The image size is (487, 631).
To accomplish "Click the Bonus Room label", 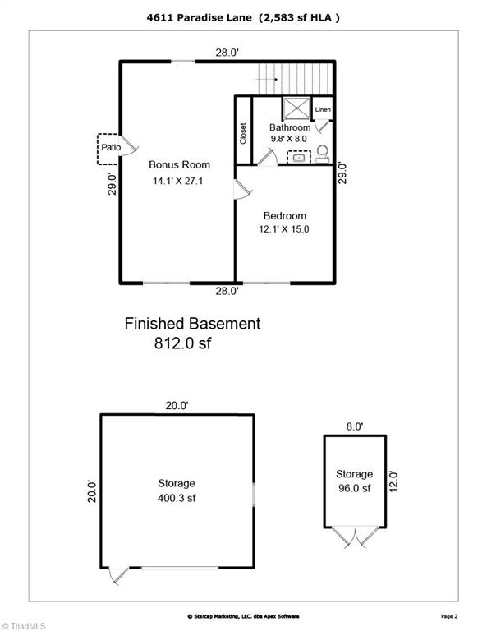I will point(179,165).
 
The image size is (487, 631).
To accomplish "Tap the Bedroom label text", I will point(284,215).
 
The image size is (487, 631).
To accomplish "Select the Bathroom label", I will point(290,128).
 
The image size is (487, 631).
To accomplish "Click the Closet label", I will point(243,134).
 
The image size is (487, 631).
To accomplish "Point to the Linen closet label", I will point(323,109).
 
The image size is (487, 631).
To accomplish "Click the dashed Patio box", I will point(110,147).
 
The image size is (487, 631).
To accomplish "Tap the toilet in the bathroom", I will point(322,152).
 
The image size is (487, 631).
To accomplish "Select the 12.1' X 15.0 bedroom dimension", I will point(284,229).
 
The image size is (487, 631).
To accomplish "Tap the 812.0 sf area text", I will point(182,344).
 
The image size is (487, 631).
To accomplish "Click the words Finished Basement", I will point(192,324).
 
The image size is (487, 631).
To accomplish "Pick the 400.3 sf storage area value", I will point(177,498).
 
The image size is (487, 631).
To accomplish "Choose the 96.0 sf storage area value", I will point(354,488).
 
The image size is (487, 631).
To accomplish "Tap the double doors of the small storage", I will point(355,538).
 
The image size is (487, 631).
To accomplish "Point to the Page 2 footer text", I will point(450,615).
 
